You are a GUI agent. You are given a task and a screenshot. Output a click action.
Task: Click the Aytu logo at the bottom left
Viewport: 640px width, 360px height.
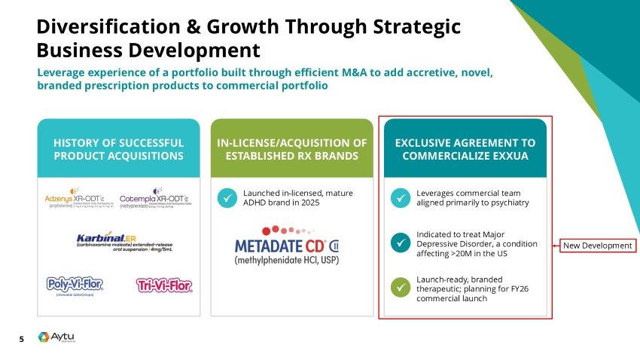pos(55,338)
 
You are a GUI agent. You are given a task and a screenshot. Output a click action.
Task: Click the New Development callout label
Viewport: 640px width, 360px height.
pos(599,246)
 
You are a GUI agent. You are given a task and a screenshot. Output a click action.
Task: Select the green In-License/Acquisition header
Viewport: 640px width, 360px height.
pos(291,149)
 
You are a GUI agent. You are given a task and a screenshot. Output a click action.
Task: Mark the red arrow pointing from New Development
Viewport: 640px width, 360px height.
pos(557,246)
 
